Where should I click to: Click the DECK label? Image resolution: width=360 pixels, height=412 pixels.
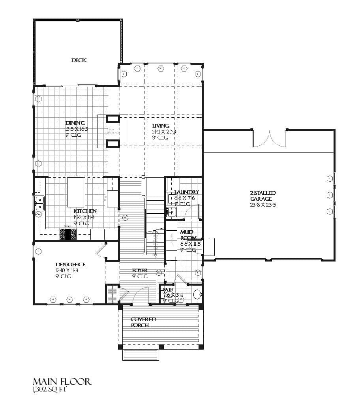(79, 60)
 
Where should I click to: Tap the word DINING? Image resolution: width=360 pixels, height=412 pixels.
(75, 123)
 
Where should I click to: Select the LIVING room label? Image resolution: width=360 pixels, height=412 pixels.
(161, 126)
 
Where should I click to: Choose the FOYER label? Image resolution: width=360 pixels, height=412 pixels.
(140, 271)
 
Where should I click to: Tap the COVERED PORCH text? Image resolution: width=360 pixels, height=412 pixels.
(143, 322)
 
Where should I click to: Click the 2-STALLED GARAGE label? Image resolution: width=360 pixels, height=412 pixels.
(263, 196)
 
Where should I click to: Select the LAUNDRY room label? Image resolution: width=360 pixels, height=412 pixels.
(186, 192)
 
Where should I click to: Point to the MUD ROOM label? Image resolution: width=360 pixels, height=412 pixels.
(187, 235)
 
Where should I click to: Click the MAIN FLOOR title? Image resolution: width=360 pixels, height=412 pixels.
(62, 382)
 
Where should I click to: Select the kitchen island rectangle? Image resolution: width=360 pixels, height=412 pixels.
(76, 192)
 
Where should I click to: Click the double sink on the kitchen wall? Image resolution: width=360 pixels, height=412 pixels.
(39, 203)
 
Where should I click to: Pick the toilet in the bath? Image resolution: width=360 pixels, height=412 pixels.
(197, 294)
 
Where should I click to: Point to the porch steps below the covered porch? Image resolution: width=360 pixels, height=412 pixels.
(141, 354)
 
